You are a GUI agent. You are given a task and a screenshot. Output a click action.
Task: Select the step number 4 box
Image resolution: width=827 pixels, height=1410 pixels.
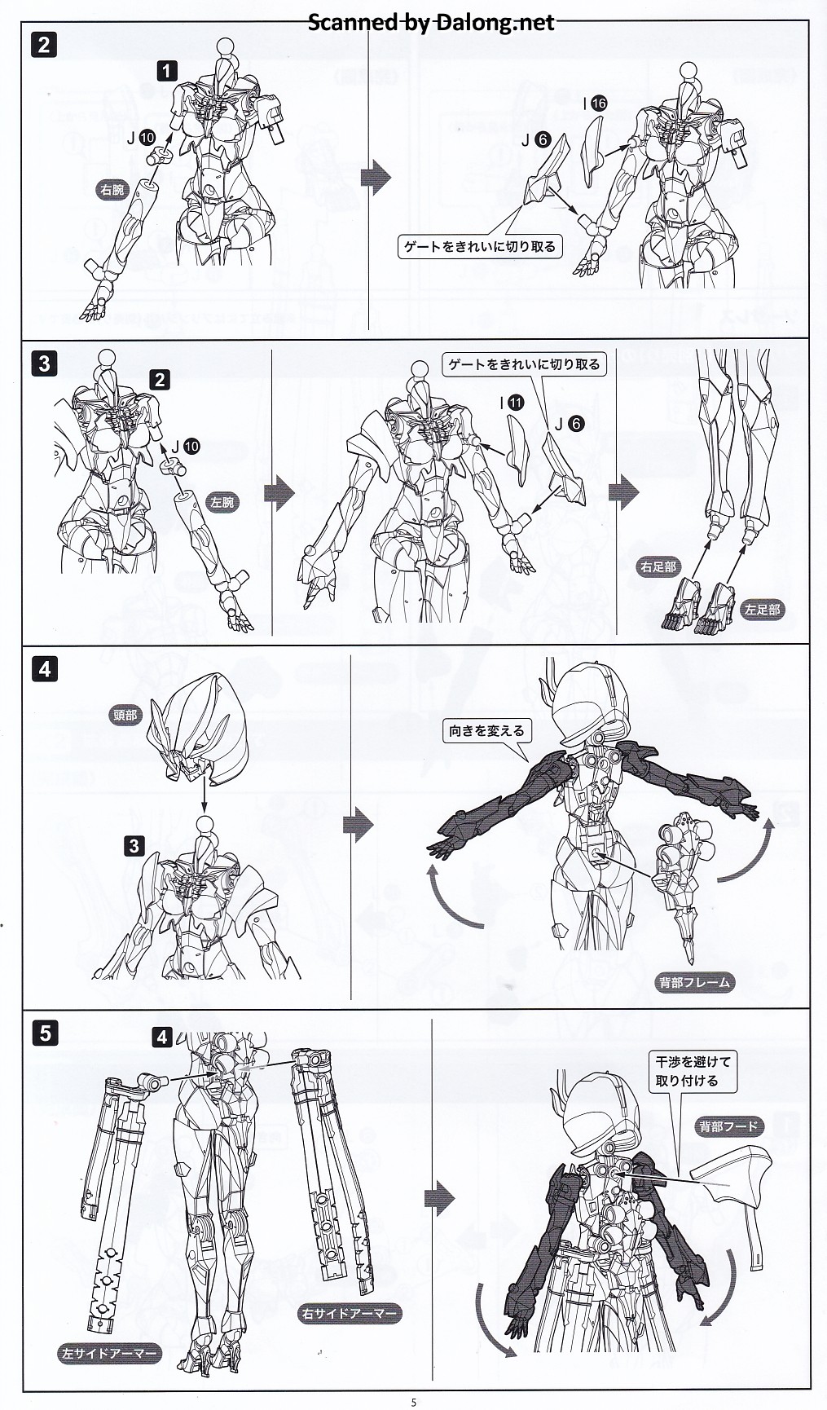(x=43, y=669)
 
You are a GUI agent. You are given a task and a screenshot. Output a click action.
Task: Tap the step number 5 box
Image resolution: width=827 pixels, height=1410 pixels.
(x=43, y=1033)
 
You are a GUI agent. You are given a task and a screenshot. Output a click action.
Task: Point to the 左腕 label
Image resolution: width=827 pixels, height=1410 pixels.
(x=222, y=502)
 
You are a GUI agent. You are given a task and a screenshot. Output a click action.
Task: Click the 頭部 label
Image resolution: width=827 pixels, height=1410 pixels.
(x=125, y=716)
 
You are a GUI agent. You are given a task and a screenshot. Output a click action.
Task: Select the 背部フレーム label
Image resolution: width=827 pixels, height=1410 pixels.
(x=694, y=982)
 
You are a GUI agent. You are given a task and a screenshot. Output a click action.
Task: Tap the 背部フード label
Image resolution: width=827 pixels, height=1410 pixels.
(x=728, y=1127)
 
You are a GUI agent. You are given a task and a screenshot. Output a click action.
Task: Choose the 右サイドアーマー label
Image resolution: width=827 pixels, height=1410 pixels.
(x=350, y=1313)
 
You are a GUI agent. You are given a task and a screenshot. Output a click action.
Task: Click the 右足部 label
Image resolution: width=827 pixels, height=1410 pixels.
(x=658, y=566)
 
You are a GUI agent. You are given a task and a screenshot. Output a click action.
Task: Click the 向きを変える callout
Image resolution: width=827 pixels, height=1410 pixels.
(x=486, y=731)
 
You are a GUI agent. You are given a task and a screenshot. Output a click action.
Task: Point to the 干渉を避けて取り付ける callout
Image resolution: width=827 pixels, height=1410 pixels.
(x=693, y=1071)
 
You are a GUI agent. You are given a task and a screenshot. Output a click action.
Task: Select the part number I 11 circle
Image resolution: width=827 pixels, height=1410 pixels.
(x=515, y=403)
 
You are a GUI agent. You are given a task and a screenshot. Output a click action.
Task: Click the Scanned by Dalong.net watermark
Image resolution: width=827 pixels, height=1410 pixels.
(x=431, y=22)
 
